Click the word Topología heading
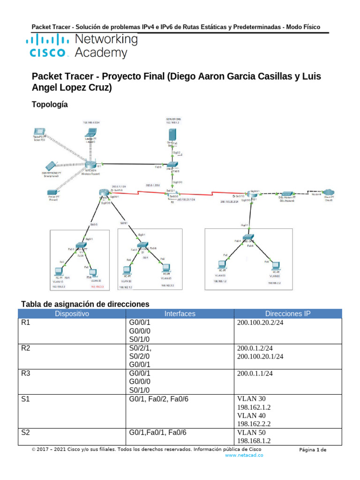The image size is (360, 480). point(50,105)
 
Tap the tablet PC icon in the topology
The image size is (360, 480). point(39,133)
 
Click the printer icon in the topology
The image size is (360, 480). point(52,193)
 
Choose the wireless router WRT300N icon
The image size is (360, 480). point(91,165)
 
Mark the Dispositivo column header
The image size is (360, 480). point(72,314)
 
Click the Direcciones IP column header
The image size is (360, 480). point(288,314)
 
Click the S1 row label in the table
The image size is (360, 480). point(25,399)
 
